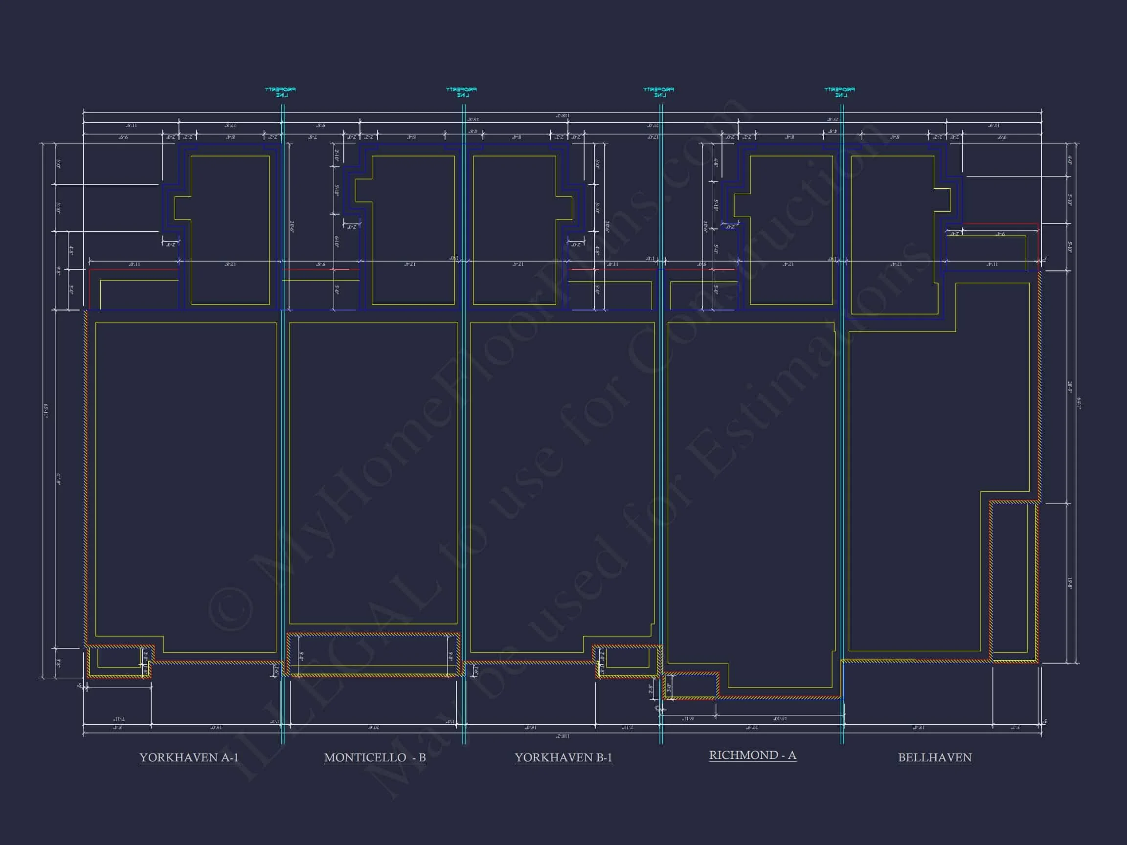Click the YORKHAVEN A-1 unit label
point(189,757)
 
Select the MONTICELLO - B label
point(375,757)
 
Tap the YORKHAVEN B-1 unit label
point(563,757)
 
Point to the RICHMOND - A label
point(752,755)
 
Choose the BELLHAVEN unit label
point(934,757)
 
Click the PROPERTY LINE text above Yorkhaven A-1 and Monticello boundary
point(281,92)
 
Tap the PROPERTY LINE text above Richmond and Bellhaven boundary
point(840,92)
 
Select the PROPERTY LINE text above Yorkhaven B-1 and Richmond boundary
point(659,92)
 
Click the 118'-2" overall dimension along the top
point(562,116)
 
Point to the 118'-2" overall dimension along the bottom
point(562,736)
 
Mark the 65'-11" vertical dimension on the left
point(46,411)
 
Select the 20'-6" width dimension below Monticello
point(373,728)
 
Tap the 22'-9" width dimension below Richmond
point(752,728)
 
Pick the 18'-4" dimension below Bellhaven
point(918,728)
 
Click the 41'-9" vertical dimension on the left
point(59,479)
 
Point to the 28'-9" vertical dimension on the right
point(1069,387)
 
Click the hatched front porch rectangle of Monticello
point(373,654)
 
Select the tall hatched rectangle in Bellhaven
point(1014,581)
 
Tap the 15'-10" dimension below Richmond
point(780,719)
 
